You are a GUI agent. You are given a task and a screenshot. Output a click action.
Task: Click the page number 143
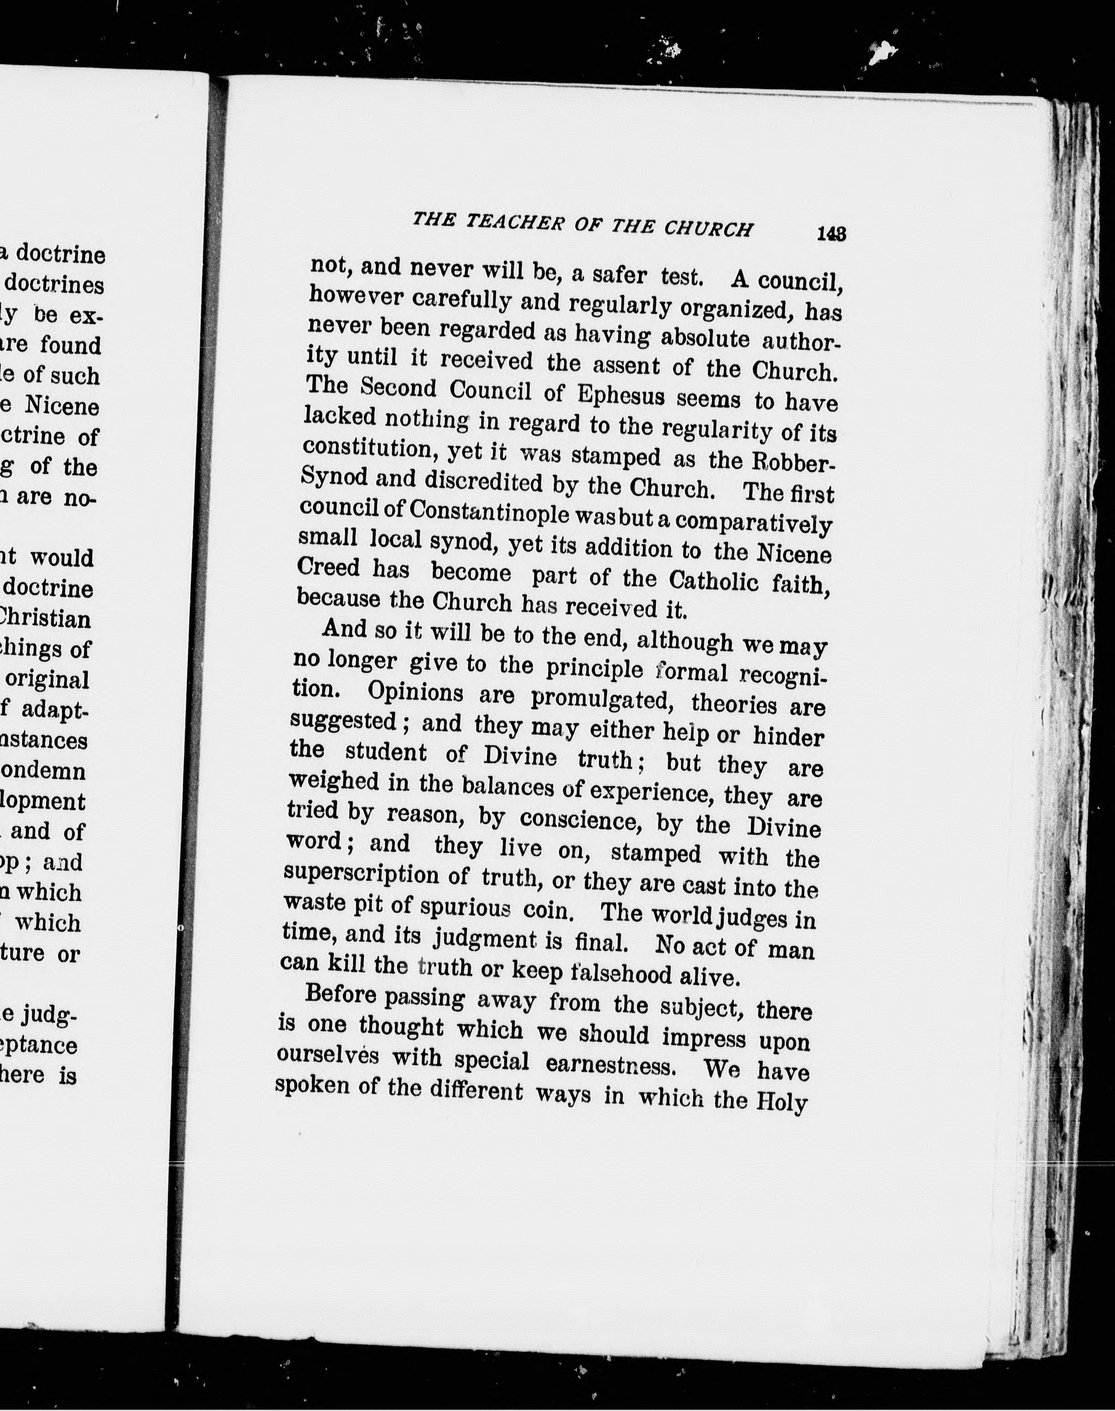pyautogui.click(x=831, y=234)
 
